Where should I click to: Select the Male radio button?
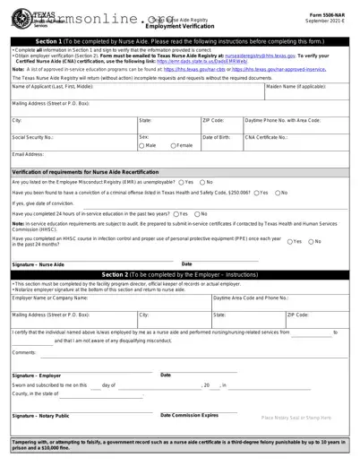(143, 144)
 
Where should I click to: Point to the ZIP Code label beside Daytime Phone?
(212, 119)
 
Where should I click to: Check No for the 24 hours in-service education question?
(198, 213)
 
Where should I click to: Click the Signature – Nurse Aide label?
(39, 265)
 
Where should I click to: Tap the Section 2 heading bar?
(179, 273)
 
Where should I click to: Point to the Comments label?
(24, 353)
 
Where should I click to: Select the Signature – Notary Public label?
(40, 416)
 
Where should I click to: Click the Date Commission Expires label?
(189, 415)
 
